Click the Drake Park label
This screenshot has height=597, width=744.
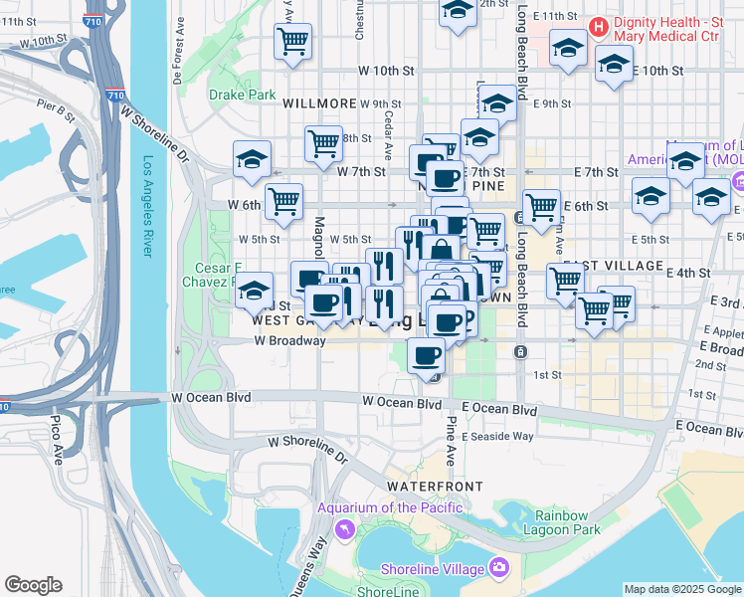coord(242,96)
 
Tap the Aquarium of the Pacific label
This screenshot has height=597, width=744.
coord(390,508)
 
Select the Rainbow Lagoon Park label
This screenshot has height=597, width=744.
coord(568,522)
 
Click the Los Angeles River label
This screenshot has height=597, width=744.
coord(148,209)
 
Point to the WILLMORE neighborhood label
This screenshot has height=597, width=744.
coord(319,103)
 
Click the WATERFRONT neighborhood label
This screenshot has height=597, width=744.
coord(435,487)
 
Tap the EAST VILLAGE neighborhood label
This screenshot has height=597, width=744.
coord(626,266)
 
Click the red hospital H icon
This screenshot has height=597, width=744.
coord(598,26)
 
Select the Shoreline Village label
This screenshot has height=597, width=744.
coord(433,569)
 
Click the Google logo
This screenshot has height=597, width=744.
coord(33,585)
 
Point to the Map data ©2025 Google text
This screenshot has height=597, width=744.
coord(682,589)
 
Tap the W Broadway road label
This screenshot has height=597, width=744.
coord(289,340)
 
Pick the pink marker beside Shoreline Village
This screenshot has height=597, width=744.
coord(498,569)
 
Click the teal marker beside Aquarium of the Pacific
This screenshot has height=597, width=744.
coord(344,528)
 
